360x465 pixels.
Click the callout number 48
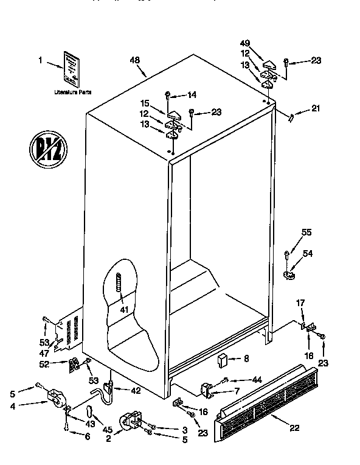coord(135,60)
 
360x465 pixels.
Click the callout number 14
coord(192,94)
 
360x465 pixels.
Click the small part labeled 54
coord(289,275)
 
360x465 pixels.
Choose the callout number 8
coord(246,359)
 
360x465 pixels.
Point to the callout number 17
coord(300,302)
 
